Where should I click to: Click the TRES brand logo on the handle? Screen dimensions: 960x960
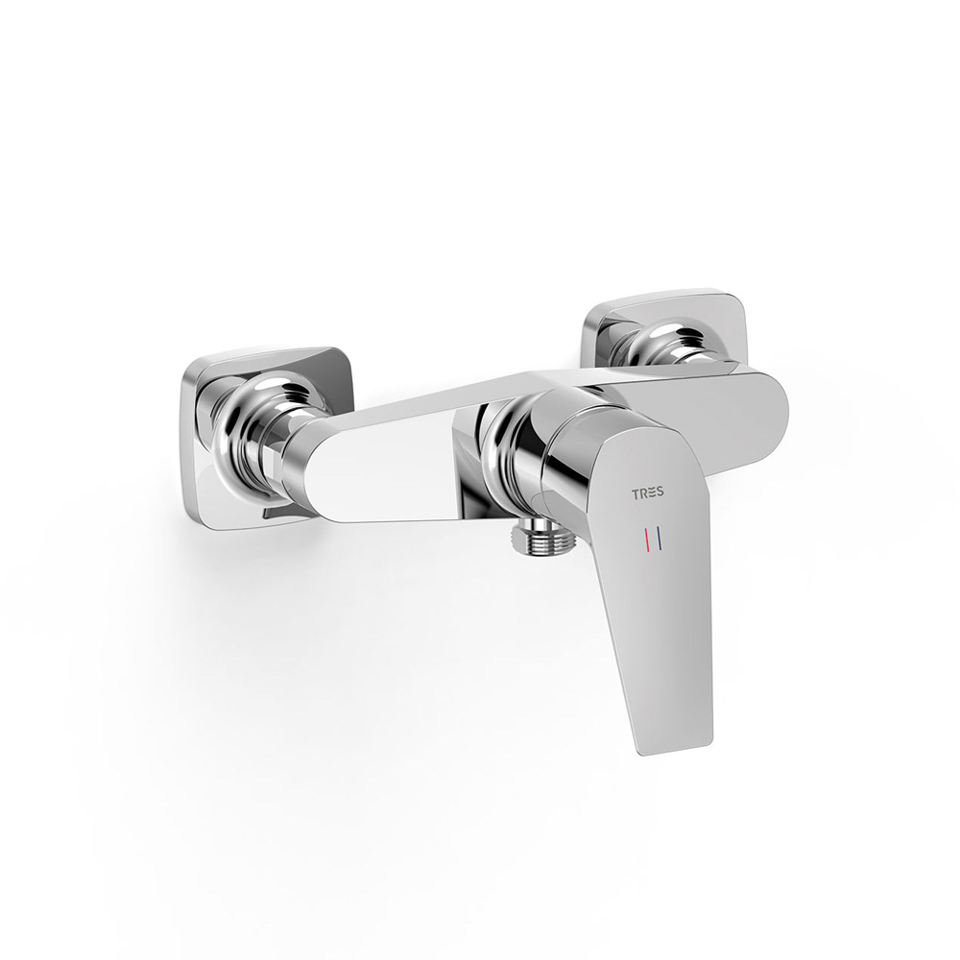(647, 492)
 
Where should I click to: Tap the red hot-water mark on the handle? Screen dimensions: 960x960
(645, 540)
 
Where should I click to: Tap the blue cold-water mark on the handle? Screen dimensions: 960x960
(659, 540)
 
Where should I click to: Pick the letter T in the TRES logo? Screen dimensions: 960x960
(635, 492)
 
